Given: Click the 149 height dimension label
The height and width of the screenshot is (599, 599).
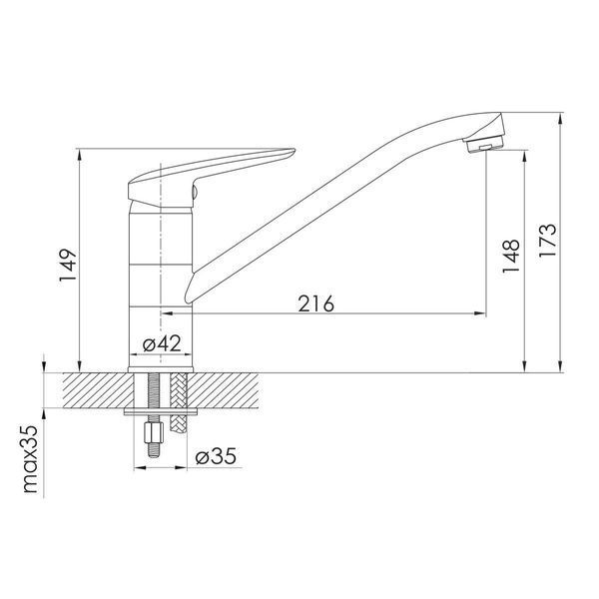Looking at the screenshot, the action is (x=68, y=266).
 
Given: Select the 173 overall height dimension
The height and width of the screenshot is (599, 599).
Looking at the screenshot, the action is (x=548, y=240).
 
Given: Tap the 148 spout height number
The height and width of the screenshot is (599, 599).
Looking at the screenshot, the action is (x=511, y=256).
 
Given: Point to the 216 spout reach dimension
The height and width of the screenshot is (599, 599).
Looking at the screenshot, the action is (x=315, y=304).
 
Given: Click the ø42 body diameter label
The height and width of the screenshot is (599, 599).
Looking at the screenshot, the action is (x=162, y=343).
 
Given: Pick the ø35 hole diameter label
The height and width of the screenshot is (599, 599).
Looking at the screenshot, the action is (x=216, y=456).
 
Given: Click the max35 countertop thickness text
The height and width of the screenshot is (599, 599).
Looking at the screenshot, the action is (x=31, y=459).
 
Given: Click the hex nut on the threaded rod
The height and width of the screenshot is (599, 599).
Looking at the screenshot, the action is (x=155, y=432).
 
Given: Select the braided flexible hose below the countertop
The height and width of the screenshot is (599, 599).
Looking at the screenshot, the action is (x=179, y=403).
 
